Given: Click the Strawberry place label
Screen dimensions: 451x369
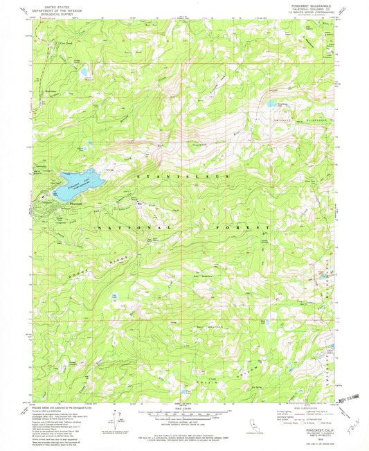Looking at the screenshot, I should tap(50, 91).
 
